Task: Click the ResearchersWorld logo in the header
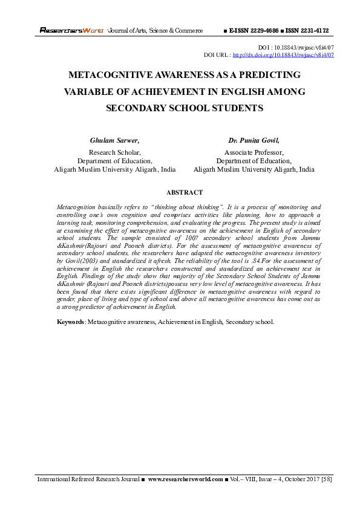[72, 30]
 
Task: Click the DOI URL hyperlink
[283, 55]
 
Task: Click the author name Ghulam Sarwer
[114, 140]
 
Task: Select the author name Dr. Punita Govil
[254, 140]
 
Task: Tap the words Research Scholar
[115, 152]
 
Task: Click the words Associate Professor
[254, 152]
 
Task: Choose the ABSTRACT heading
[184, 193]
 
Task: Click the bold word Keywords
[70, 322]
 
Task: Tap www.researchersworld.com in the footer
[185, 479]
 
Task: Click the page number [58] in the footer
[325, 479]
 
